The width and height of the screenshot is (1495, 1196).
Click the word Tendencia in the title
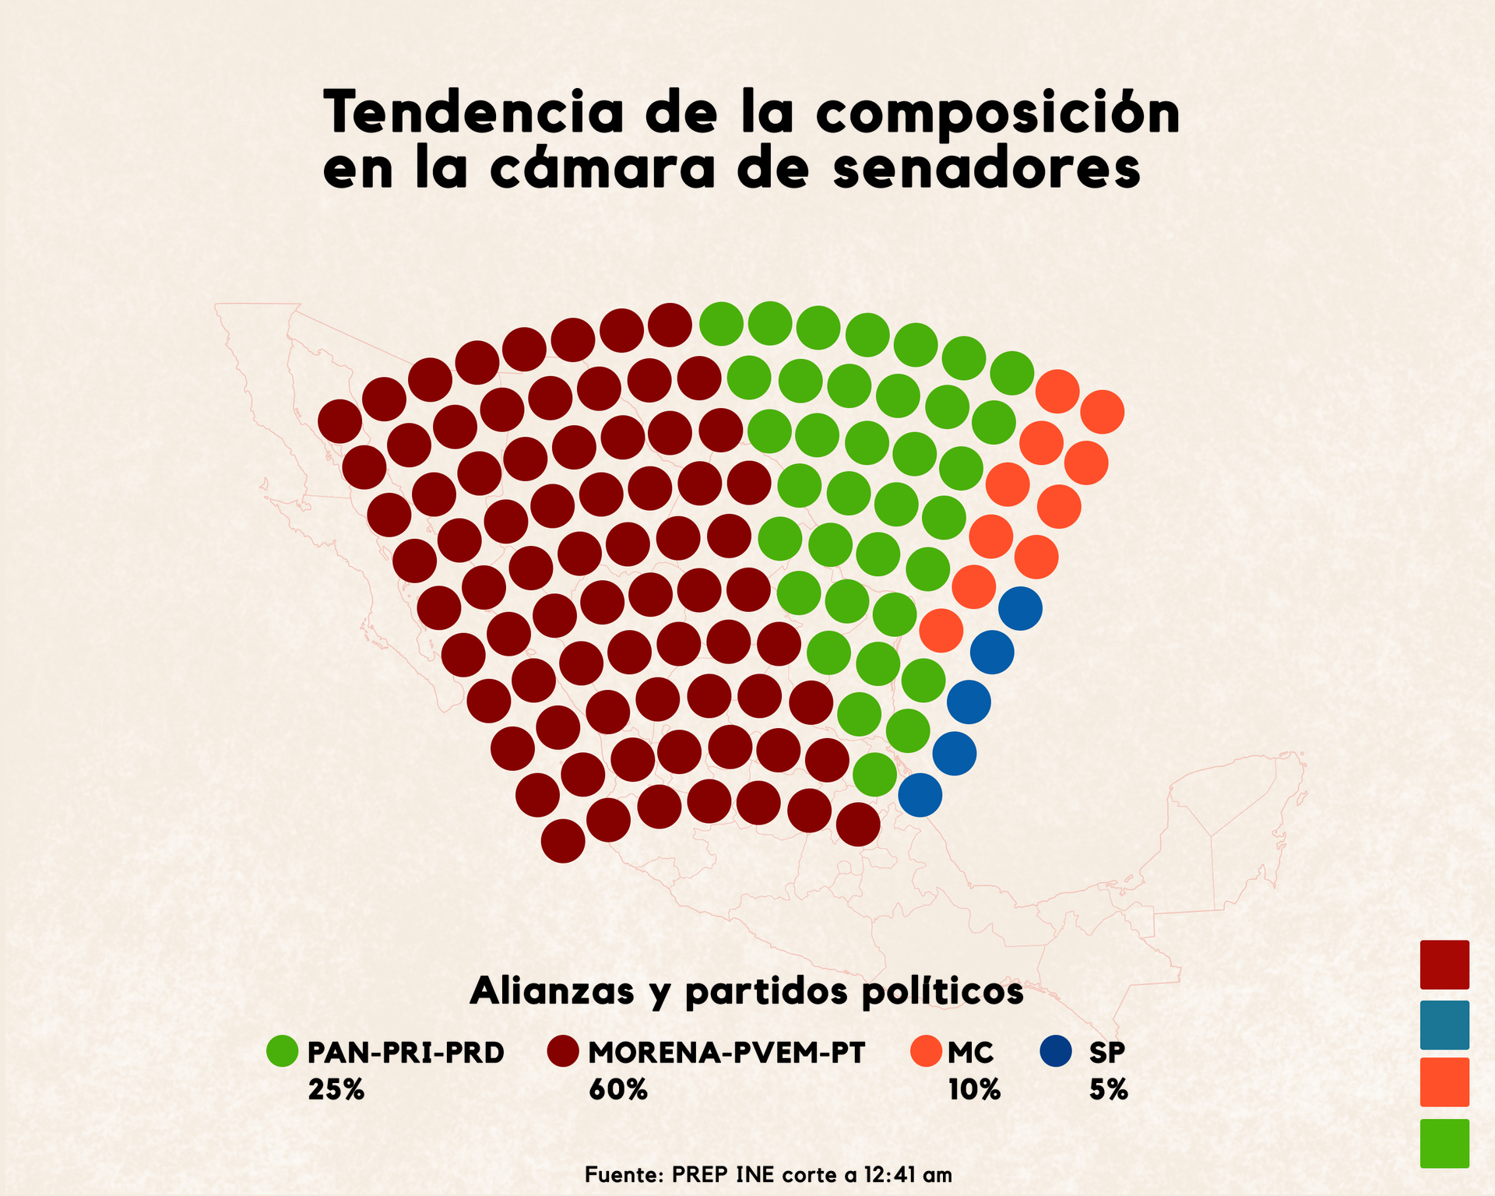pos(473,113)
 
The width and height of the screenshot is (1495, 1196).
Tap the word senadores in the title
pos(986,170)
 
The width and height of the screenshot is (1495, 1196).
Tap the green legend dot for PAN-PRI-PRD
pos(282,1051)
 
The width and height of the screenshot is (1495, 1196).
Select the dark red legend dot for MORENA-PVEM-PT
pos(563,1051)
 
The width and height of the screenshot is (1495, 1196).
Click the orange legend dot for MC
pos(926,1051)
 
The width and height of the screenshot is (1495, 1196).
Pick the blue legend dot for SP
pos(1056,1051)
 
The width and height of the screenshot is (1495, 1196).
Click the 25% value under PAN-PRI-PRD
pos(336,1089)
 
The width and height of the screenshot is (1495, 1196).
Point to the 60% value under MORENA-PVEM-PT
pos(617,1089)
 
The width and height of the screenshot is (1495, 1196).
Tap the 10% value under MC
pos(973,1089)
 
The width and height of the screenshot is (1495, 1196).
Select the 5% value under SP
pos(1108,1089)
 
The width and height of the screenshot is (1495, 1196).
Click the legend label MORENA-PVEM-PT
pos(726,1053)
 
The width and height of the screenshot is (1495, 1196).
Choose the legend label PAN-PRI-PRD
pos(406,1053)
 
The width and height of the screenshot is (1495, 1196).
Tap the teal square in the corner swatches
pos(1444,1025)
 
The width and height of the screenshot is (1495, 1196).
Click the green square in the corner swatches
pos(1444,1143)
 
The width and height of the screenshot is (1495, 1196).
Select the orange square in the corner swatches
pos(1444,1082)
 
